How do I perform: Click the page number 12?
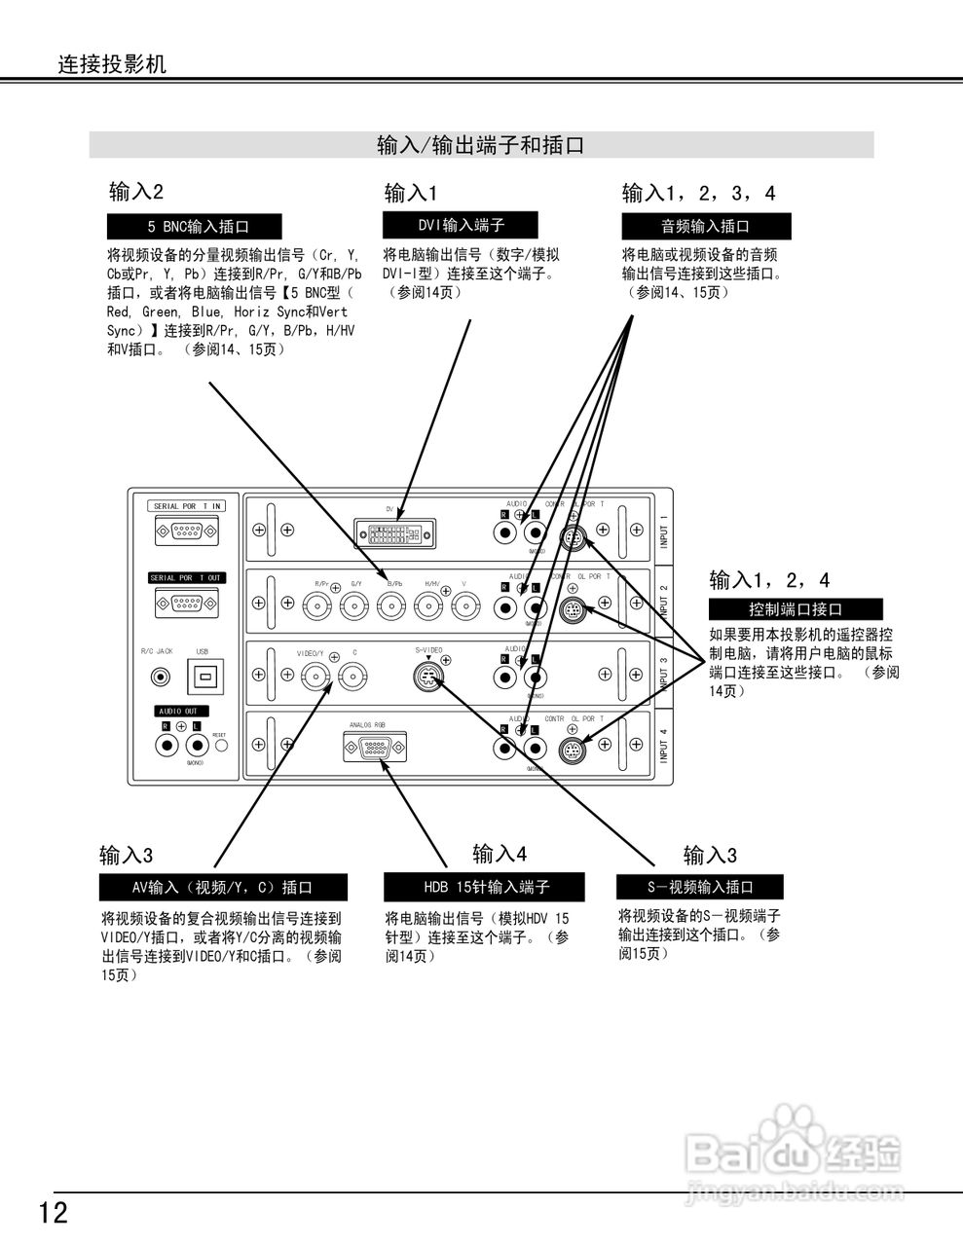(54, 1213)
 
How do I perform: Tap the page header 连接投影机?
(112, 64)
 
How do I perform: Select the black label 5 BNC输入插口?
(195, 227)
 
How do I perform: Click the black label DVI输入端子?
(462, 225)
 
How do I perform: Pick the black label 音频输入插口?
(706, 227)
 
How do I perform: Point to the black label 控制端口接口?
(796, 610)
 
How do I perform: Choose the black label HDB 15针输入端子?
(484, 888)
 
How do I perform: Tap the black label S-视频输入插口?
(700, 887)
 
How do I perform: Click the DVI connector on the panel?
(395, 533)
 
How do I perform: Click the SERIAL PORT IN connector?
(186, 531)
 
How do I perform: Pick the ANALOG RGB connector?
(375, 749)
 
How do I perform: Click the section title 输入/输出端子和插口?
(481, 146)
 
